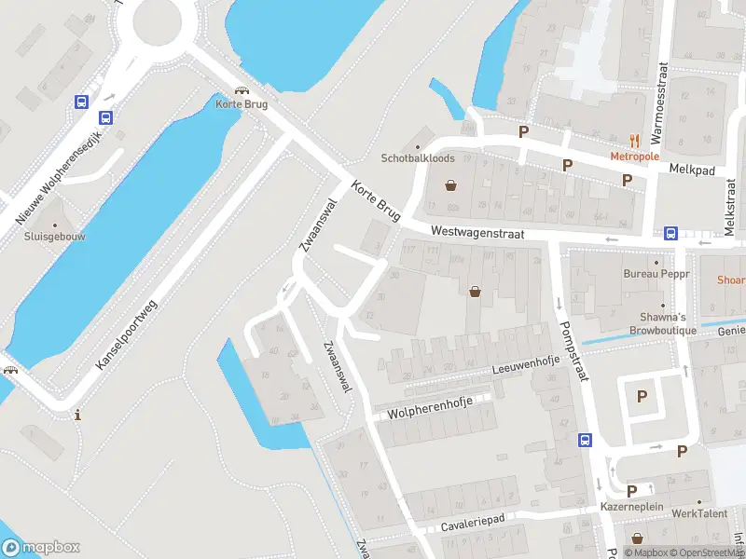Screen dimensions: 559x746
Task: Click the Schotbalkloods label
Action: pos(417,158)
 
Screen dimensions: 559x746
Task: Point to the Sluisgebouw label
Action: pos(55,237)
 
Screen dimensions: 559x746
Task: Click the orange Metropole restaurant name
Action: pos(634,157)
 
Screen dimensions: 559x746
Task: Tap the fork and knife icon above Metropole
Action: pos(634,141)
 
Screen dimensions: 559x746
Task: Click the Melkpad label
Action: pos(691,169)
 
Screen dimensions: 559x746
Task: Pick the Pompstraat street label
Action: pos(573,350)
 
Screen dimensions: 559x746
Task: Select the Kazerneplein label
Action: pos(632,506)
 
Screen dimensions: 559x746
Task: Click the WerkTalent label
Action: pos(698,513)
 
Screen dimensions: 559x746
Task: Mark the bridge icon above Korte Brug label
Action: pos(242,91)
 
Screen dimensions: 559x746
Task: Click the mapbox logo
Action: pos(41,547)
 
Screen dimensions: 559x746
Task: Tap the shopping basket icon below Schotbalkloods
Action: pos(451,184)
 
